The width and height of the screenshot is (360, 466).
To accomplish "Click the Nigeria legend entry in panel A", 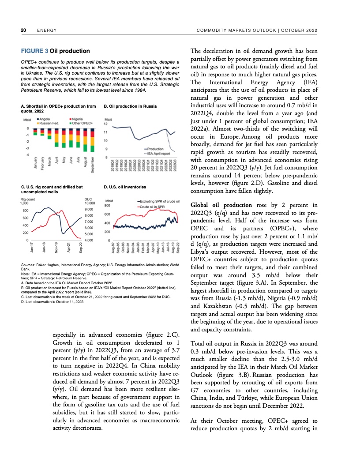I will click(x=78, y=119).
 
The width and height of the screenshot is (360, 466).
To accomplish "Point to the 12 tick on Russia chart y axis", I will click(x=105, y=124).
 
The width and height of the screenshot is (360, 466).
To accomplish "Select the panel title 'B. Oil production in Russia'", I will click(x=130, y=106).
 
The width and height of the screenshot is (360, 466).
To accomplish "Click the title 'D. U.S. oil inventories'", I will click(x=125, y=187).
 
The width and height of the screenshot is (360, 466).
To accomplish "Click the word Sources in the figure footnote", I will click(x=28, y=265).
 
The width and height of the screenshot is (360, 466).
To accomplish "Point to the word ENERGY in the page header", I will click(x=46, y=30).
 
